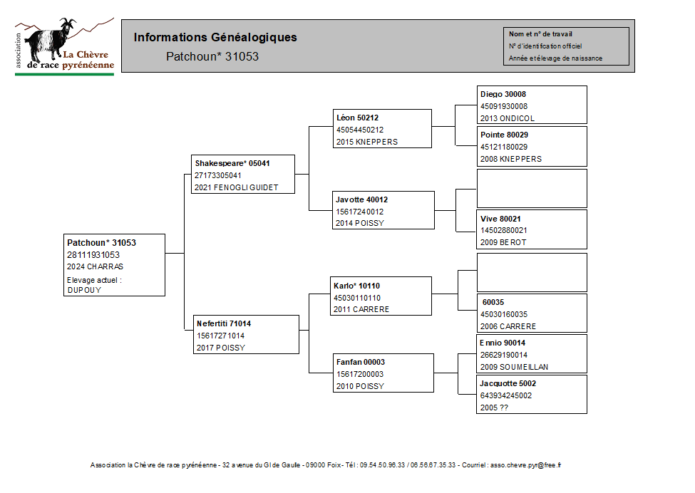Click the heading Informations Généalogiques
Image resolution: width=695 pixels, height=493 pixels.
215,37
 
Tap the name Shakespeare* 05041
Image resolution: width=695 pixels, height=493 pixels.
232,163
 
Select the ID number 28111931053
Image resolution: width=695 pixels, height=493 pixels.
93,255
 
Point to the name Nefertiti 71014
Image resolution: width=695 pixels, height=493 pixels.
224,323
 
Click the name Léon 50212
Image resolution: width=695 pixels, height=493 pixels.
357,118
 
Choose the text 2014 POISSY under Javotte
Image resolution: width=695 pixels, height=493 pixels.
360,223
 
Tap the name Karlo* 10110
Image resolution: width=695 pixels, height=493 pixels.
357,286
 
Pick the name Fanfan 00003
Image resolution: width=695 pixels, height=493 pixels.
361,362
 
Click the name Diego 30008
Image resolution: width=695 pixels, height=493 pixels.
503,94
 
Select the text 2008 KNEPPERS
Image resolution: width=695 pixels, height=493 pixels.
511,159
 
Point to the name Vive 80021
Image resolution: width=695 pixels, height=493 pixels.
500,219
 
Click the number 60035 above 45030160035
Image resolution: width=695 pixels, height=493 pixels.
493,302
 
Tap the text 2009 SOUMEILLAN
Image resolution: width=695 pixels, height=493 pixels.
514,367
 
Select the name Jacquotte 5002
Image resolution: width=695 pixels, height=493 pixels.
508,383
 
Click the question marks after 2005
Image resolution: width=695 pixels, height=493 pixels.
504,408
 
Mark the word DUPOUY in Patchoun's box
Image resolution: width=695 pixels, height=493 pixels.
84,290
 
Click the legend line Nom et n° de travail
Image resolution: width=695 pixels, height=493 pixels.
540,33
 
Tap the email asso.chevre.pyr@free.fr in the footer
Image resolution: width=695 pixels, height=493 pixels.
525,465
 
